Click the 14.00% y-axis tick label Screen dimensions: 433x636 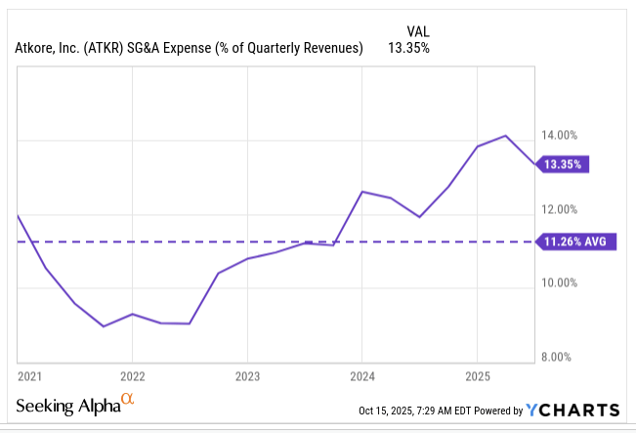(x=563, y=135)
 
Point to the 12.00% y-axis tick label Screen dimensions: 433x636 (x=563, y=209)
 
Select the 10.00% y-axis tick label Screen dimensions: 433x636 (x=563, y=283)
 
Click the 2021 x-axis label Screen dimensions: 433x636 (x=31, y=375)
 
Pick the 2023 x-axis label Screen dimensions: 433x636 (x=247, y=375)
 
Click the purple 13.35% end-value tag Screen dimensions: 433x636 (x=563, y=165)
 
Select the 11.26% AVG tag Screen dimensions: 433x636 (x=577, y=241)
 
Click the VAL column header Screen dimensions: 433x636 (x=416, y=30)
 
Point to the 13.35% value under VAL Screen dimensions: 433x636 (x=409, y=48)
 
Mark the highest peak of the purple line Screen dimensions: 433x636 (x=505, y=136)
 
